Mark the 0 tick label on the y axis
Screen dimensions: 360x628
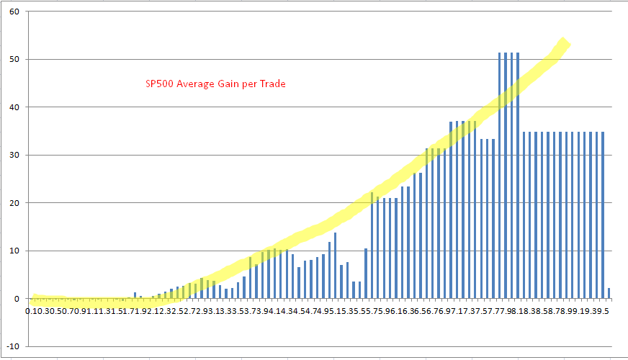(x=17, y=299)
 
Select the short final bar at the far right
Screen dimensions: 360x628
(x=609, y=293)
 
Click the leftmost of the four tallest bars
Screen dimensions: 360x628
(x=500, y=175)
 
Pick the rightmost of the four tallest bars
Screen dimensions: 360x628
(x=518, y=175)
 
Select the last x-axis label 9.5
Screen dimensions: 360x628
(x=604, y=311)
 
